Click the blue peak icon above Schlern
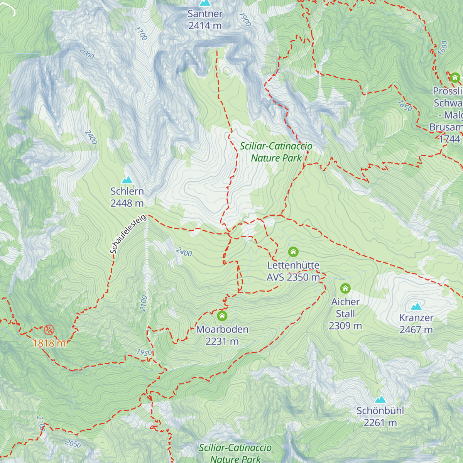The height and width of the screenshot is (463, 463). pyautogui.click(x=127, y=180)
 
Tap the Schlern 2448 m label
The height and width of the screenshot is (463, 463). pyautogui.click(x=127, y=197)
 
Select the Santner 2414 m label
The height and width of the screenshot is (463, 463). pyautogui.click(x=205, y=20)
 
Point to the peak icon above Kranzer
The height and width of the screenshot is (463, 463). pyautogui.click(x=416, y=306)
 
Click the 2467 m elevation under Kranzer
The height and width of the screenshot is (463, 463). pyautogui.click(x=416, y=330)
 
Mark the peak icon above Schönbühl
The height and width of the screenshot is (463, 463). pyautogui.click(x=380, y=399)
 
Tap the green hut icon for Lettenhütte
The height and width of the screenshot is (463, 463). pyautogui.click(x=293, y=252)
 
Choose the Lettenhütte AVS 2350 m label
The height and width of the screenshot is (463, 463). pyautogui.click(x=293, y=271)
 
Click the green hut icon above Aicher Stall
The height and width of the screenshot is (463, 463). pyautogui.click(x=345, y=288)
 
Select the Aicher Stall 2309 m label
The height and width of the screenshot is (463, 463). pyautogui.click(x=345, y=314)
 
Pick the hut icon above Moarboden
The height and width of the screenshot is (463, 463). pyautogui.click(x=222, y=316)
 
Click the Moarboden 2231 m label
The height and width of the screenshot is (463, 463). pyautogui.click(x=222, y=335)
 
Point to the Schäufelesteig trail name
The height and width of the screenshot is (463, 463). pyautogui.click(x=128, y=234)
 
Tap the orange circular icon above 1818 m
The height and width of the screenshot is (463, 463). pyautogui.click(x=49, y=330)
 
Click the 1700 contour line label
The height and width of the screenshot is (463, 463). pyautogui.click(x=141, y=34)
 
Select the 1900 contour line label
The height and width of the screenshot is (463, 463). pyautogui.click(x=245, y=19)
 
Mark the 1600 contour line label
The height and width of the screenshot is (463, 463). pyautogui.click(x=443, y=48)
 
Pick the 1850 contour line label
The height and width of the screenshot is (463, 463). pyautogui.click(x=405, y=106)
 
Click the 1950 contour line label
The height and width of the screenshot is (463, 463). pyautogui.click(x=144, y=353)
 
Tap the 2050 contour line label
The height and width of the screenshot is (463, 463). pyautogui.click(x=73, y=444)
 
